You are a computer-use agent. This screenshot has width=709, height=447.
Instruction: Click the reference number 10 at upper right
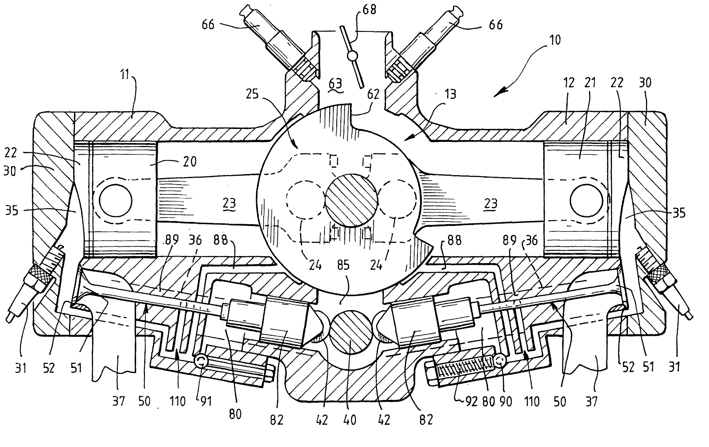point(554,40)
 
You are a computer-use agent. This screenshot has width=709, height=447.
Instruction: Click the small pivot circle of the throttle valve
point(352,57)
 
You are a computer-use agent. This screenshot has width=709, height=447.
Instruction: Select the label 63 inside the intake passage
point(335,82)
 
